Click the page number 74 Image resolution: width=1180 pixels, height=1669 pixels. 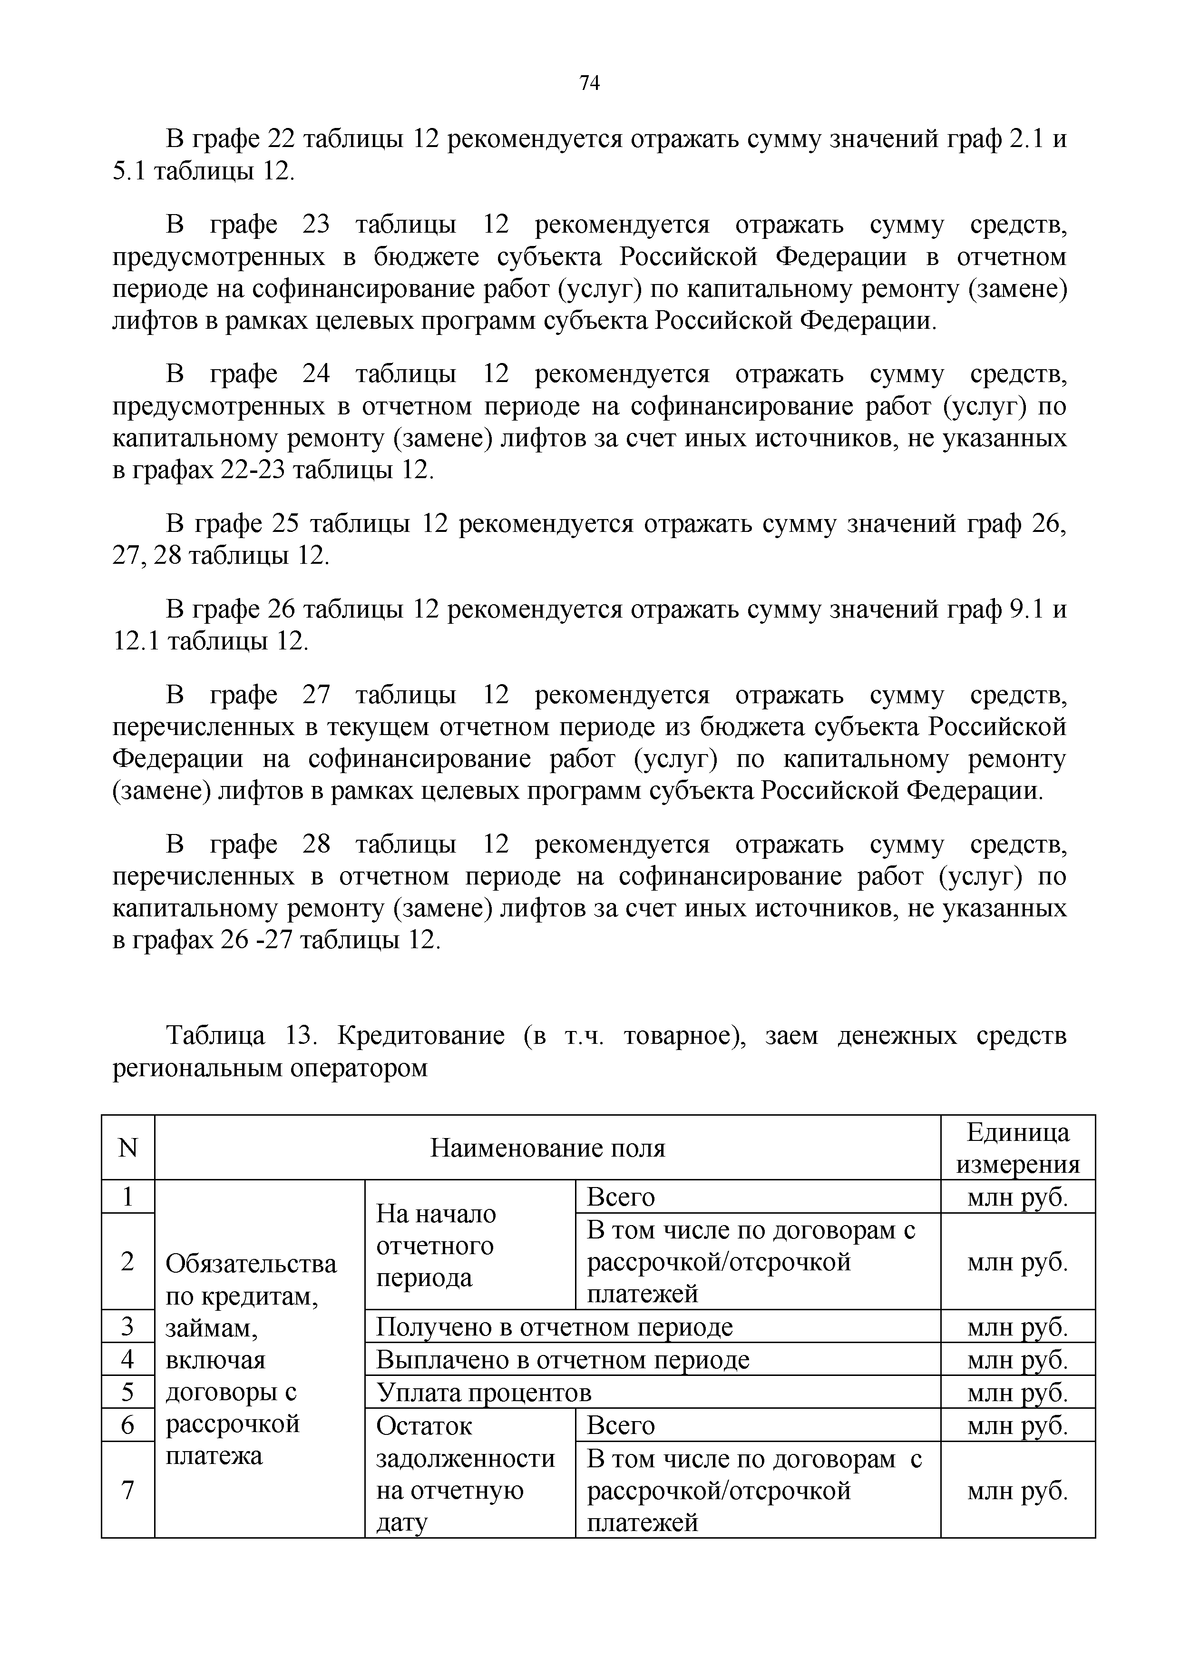590,84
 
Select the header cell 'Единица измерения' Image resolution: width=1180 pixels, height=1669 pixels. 1017,1149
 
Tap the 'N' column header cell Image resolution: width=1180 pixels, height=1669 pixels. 128,1149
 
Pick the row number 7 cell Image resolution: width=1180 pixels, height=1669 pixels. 128,1490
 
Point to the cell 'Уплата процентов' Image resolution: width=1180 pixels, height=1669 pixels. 484,1393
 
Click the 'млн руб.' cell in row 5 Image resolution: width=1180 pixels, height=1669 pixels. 1017,1393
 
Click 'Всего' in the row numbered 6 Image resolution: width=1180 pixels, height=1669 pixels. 621,1425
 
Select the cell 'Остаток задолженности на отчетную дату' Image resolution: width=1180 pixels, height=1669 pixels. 465,1474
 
